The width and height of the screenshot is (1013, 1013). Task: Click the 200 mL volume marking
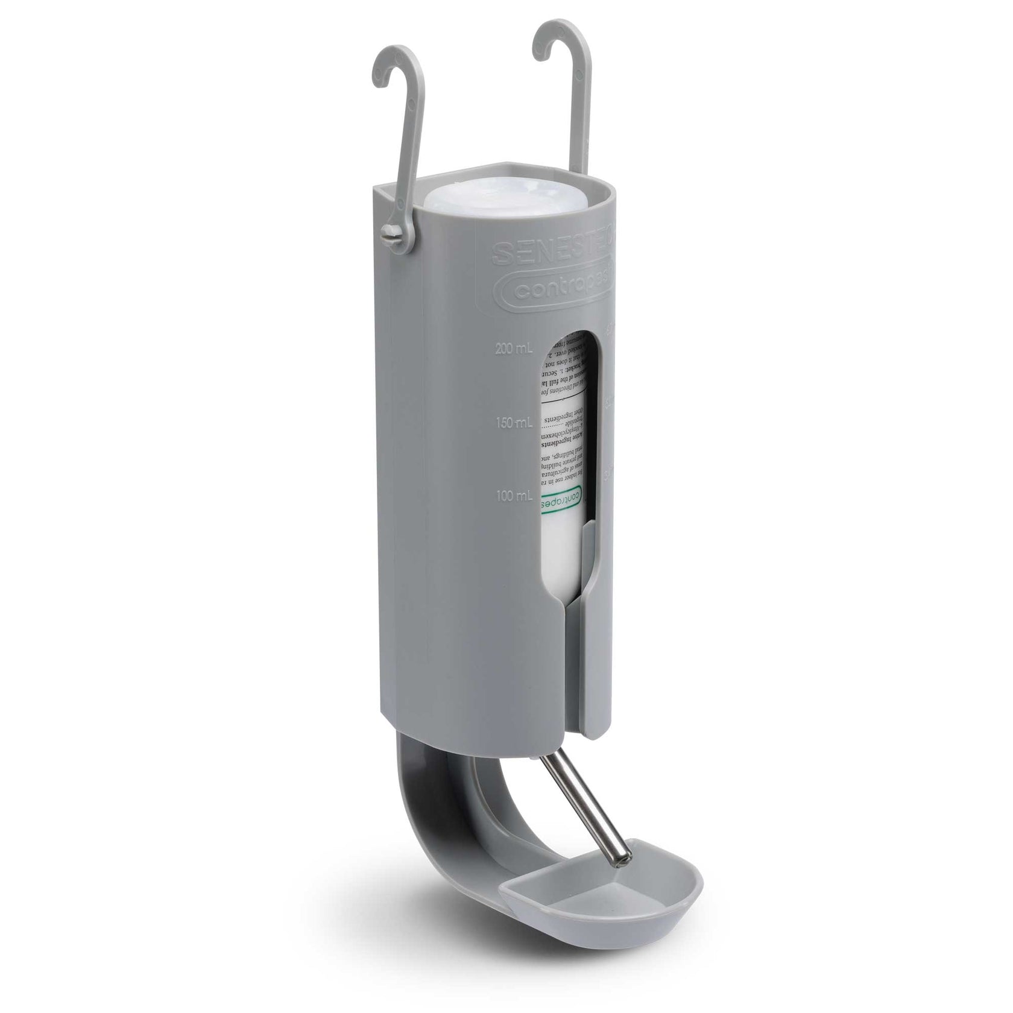[514, 349]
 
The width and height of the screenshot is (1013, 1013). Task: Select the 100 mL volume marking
[514, 496]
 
